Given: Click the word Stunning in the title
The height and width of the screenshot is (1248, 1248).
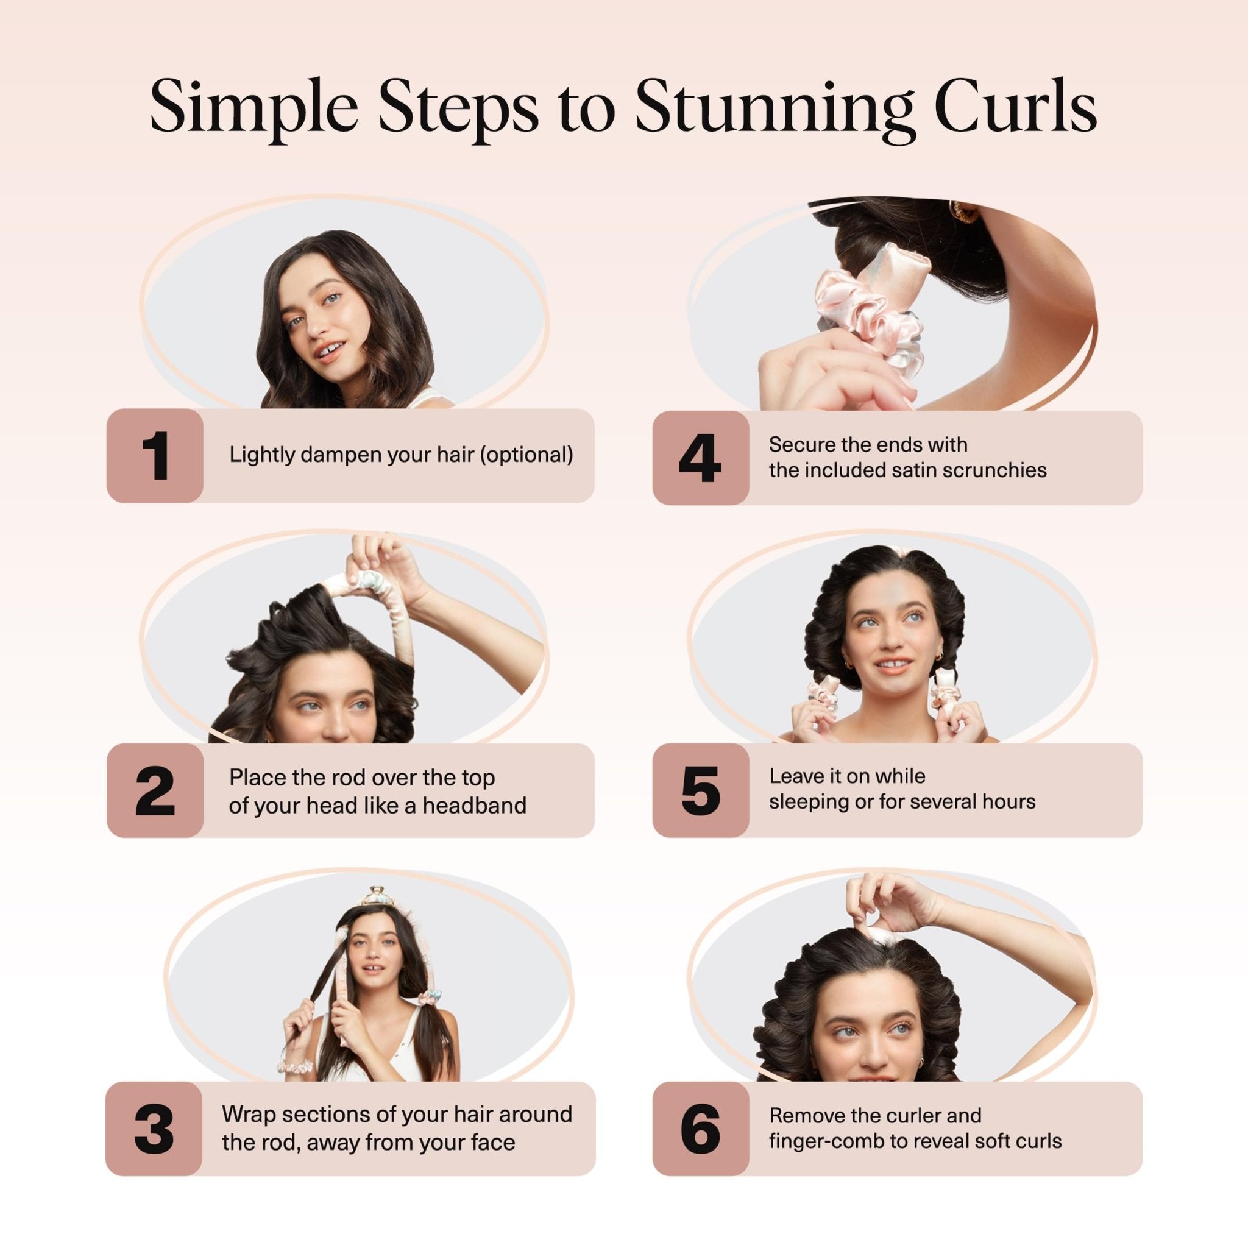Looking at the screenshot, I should (x=773, y=107).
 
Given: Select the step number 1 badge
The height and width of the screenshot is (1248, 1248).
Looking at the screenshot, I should (x=155, y=456).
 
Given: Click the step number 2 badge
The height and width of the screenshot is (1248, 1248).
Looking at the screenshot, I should (x=155, y=792).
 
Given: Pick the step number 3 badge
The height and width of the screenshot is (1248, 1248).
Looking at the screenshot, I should (x=154, y=1129).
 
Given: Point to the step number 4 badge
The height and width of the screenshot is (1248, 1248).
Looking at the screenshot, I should (x=700, y=458).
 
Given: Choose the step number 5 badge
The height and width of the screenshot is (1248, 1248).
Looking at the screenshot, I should (x=700, y=792).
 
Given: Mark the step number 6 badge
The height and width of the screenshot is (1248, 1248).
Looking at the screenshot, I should (x=700, y=1129).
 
